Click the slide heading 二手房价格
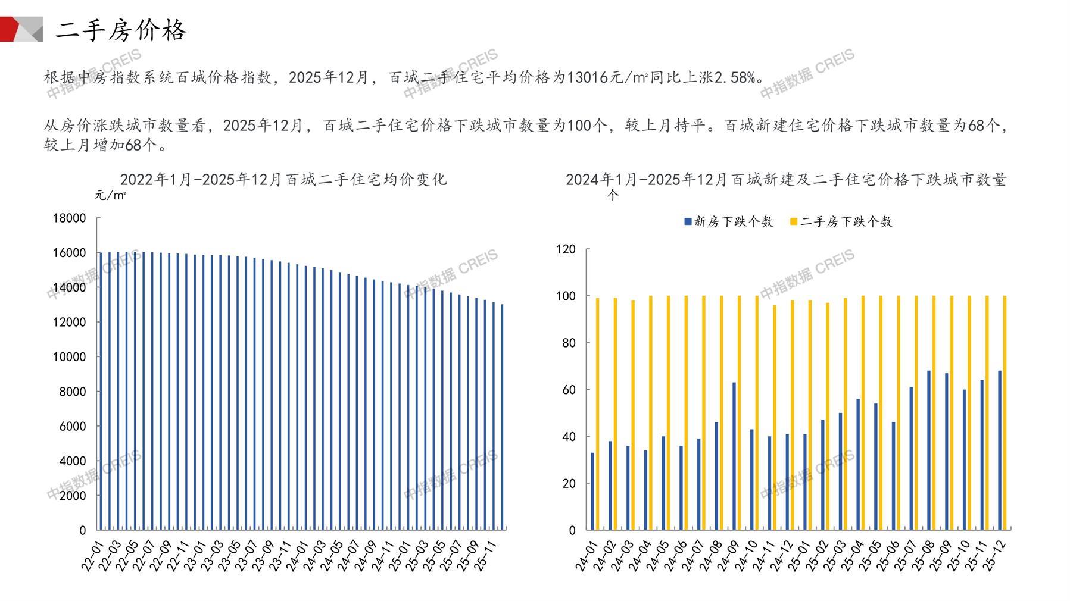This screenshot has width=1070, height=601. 121,30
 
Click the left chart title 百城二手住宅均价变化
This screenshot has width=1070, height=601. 283,179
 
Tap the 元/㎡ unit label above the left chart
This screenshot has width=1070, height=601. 110,195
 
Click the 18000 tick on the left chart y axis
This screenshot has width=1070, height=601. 69,218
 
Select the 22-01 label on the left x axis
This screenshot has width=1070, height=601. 92,557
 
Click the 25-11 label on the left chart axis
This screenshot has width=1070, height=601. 485,557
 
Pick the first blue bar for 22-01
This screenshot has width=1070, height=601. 101,390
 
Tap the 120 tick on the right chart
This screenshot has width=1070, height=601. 565,249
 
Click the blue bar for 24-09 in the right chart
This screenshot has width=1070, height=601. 734,456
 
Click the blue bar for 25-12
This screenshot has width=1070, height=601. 999,450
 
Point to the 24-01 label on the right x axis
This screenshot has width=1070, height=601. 586,557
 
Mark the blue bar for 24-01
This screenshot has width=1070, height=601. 592,491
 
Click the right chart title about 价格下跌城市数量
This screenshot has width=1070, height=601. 785,179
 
